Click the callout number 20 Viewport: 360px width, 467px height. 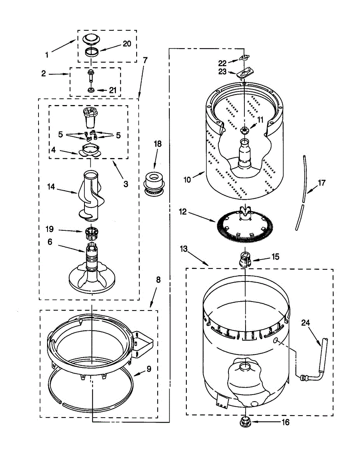127,44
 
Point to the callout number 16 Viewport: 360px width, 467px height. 285,422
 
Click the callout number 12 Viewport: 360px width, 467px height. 183,212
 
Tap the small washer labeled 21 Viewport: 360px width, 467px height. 91,90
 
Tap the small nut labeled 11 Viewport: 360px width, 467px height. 245,130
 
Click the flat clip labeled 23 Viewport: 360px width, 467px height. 247,72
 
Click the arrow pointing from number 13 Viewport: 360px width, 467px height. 198,257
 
